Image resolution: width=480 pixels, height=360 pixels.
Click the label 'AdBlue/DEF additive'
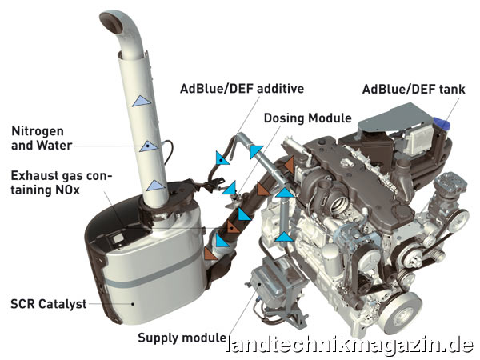coord(242,89)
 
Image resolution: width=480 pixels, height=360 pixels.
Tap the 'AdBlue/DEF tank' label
coord(414,90)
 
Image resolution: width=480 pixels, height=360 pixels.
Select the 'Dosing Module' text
coord(308,118)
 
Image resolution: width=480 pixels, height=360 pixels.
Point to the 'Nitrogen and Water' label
coord(42,138)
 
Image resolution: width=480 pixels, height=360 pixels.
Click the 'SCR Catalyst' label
coord(49,304)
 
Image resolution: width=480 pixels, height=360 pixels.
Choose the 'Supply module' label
coord(182,338)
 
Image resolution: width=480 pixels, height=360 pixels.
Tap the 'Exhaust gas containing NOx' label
coord(62,182)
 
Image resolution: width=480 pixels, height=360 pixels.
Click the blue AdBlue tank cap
coord(442,124)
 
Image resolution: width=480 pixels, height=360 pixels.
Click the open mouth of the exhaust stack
coord(110,22)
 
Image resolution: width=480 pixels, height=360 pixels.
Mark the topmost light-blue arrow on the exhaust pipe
coord(141,101)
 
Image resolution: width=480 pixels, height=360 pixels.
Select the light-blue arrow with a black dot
coord(149,146)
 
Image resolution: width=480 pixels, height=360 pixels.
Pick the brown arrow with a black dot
coord(232,227)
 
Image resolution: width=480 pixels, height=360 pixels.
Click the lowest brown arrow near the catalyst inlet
coord(210,254)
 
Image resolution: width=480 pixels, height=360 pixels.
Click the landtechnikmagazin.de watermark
coord(350,346)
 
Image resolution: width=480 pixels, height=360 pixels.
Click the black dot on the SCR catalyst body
coord(133,304)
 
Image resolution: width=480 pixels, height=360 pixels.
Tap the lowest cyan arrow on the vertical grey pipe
coord(284,237)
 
